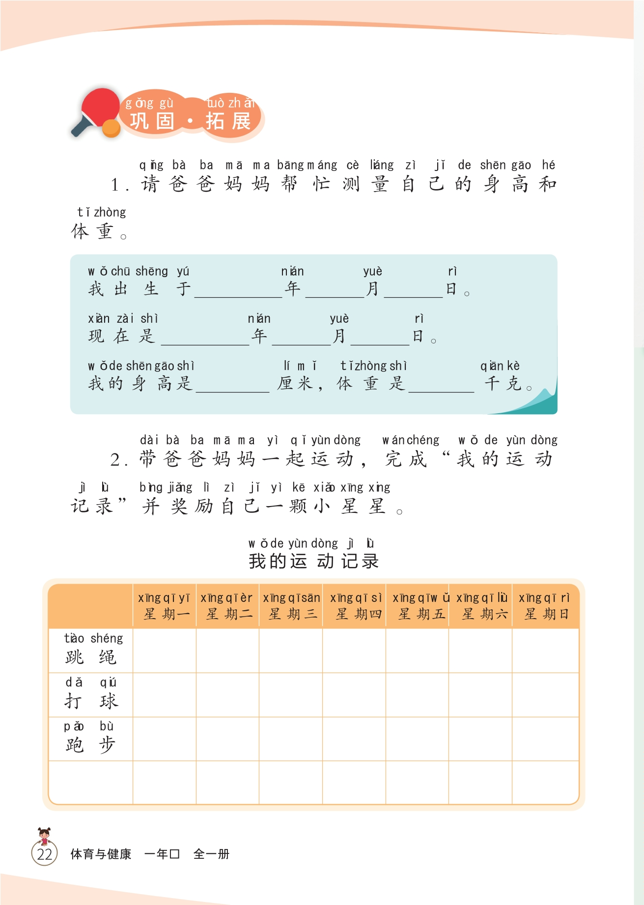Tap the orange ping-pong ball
pos(112,129)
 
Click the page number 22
pos(44,854)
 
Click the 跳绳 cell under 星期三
pos(291,650)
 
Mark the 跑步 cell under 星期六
pos(480,738)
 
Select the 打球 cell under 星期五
pos(417,695)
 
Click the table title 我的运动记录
pos(313,561)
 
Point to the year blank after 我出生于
pos(238,290)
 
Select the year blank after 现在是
pos(205,338)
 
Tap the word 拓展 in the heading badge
pos(228,121)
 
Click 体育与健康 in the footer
pos(101,854)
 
